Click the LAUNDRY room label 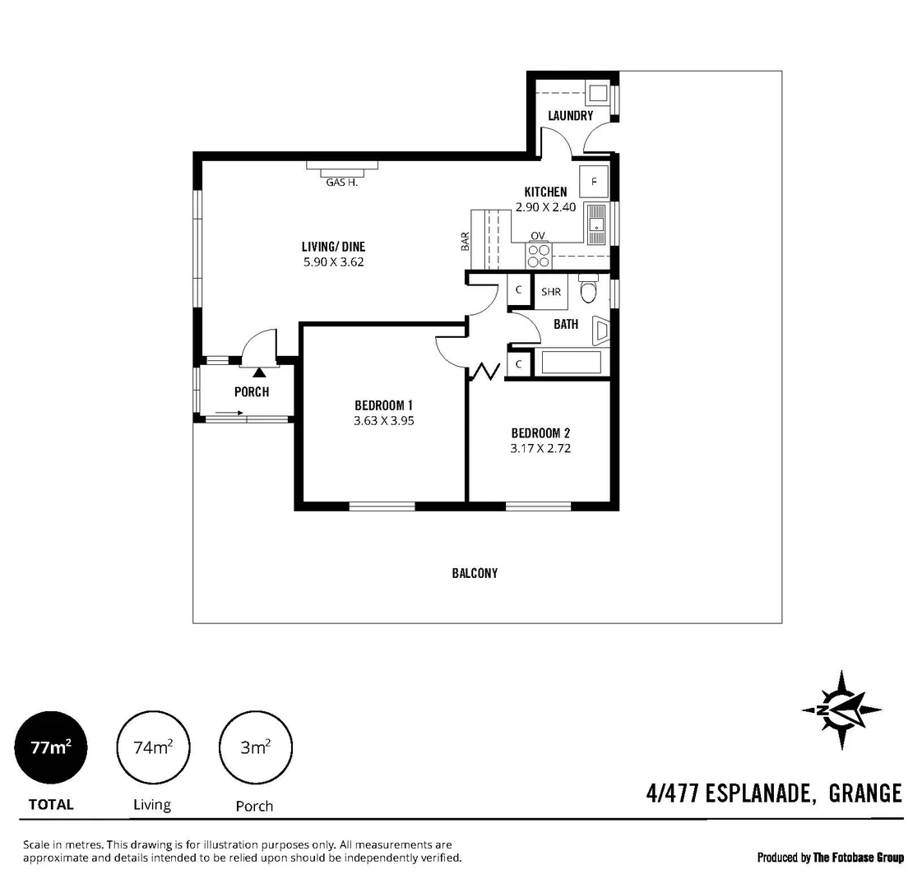pyautogui.click(x=570, y=116)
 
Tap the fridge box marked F pyautogui.click(x=594, y=180)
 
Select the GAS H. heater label pyautogui.click(x=341, y=183)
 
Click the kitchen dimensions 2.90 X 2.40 pyautogui.click(x=545, y=207)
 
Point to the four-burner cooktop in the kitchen pyautogui.click(x=539, y=256)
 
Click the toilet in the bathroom pyautogui.click(x=588, y=291)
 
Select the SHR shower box pyautogui.click(x=550, y=292)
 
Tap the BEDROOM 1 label pyautogui.click(x=382, y=405)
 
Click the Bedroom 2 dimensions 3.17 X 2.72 pyautogui.click(x=540, y=448)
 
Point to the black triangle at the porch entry pyautogui.click(x=259, y=372)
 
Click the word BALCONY pyautogui.click(x=475, y=573)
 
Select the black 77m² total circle pyautogui.click(x=50, y=747)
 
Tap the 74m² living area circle pyautogui.click(x=153, y=747)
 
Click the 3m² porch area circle pyautogui.click(x=255, y=747)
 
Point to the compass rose pyautogui.click(x=841, y=710)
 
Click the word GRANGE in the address pyautogui.click(x=865, y=793)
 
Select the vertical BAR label pyautogui.click(x=465, y=241)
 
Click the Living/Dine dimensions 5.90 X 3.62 pyautogui.click(x=333, y=262)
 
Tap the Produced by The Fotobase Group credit pyautogui.click(x=830, y=858)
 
